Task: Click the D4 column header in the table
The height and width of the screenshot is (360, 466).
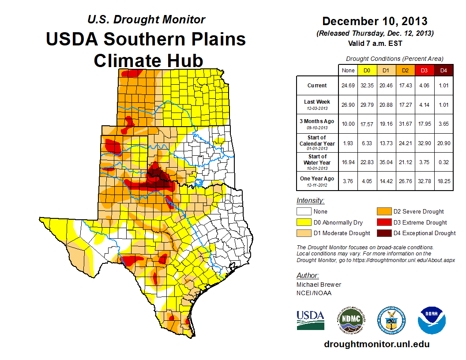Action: [443, 70]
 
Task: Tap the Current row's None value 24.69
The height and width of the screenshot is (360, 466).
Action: [348, 86]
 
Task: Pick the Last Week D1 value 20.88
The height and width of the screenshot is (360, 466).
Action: [386, 105]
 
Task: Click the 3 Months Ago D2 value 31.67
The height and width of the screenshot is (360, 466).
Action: [405, 124]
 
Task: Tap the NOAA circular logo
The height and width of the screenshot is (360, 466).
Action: [432, 320]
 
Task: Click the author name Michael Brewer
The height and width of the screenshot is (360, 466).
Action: [319, 285]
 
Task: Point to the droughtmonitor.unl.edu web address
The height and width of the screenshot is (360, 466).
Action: [376, 344]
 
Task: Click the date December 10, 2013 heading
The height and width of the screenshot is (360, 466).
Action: [375, 21]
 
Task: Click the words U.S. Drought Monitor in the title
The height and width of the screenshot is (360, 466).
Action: [146, 19]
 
